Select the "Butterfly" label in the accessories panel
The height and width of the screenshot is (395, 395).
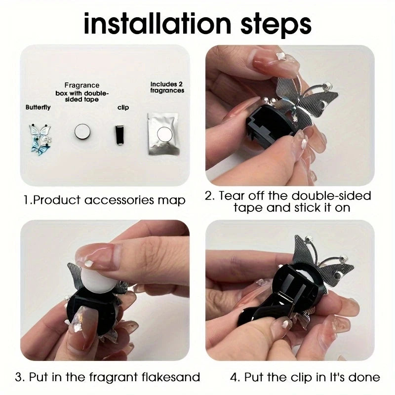38,107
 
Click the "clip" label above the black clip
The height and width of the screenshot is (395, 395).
123,108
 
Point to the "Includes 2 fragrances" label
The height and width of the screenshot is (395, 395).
167,87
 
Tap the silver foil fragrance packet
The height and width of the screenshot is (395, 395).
163,134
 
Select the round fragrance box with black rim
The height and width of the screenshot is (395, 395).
82,132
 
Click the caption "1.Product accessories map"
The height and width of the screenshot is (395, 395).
104,200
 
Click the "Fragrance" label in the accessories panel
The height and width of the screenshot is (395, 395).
82,85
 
